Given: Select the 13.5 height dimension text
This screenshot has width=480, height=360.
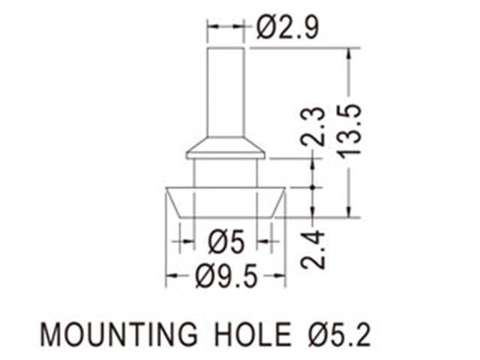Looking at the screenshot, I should (350, 130).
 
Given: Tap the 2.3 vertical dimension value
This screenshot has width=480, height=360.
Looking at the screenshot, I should (313, 126).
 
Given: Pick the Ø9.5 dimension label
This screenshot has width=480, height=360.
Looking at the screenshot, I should (226, 278).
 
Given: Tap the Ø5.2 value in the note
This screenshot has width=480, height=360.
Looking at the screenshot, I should (337, 334).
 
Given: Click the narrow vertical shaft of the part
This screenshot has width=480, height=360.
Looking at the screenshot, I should (226, 90).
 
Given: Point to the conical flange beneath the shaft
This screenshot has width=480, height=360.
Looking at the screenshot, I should (226, 147).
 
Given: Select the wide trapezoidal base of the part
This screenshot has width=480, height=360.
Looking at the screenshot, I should (226, 202).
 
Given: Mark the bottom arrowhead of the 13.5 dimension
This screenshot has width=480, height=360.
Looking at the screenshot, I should (349, 211).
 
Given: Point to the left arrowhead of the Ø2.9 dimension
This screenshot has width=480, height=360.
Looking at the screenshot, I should (212, 28).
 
